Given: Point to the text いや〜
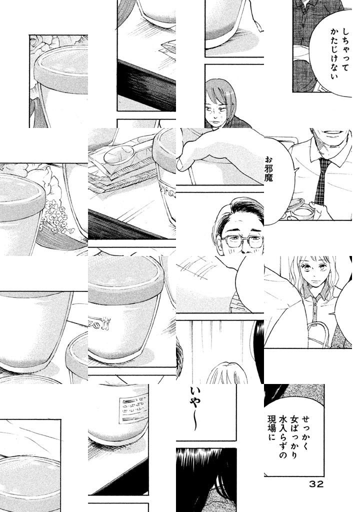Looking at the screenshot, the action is [193, 408].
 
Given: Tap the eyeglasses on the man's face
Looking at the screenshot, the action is [242, 241].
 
